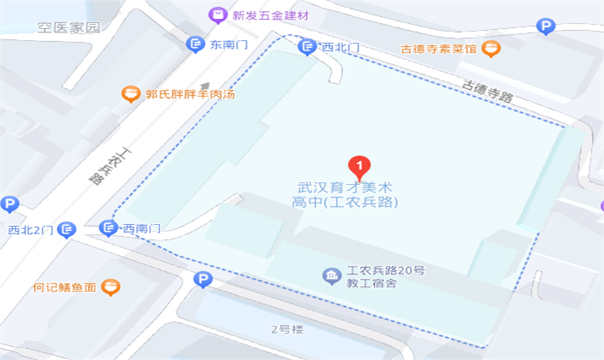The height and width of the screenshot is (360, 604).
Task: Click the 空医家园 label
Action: [x=69, y=28]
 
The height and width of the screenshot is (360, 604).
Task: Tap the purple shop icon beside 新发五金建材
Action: [x=219, y=15]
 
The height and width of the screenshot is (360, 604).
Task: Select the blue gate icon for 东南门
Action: [x=195, y=45]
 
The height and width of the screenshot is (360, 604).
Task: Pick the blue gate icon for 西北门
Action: [x=306, y=47]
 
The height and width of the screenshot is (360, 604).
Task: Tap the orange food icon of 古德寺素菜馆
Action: [x=492, y=48]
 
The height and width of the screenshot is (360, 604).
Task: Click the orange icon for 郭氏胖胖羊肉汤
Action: [x=130, y=94]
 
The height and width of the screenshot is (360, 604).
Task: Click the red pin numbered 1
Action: [x=359, y=166]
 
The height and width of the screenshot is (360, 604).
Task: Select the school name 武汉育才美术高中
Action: [x=345, y=195]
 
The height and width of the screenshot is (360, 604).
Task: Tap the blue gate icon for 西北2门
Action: [x=66, y=229]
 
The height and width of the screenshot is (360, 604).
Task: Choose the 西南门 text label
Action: [x=142, y=229]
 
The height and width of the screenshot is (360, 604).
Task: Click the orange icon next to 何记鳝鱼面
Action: [x=110, y=287]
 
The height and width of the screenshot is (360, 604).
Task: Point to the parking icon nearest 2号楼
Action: [x=202, y=280]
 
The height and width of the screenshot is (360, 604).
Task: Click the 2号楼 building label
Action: [x=287, y=329]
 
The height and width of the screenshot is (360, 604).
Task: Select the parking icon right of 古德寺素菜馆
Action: [x=545, y=27]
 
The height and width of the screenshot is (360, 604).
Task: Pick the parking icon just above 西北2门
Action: [x=9, y=205]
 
